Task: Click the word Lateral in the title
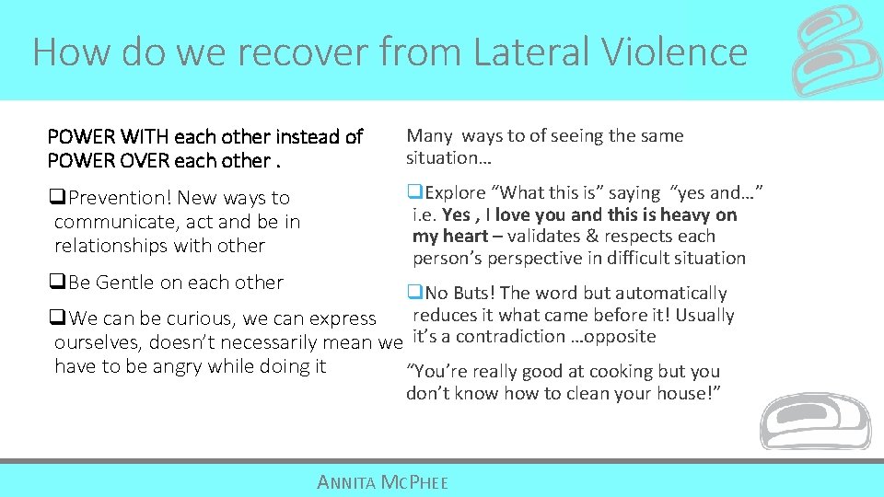click(518, 52)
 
